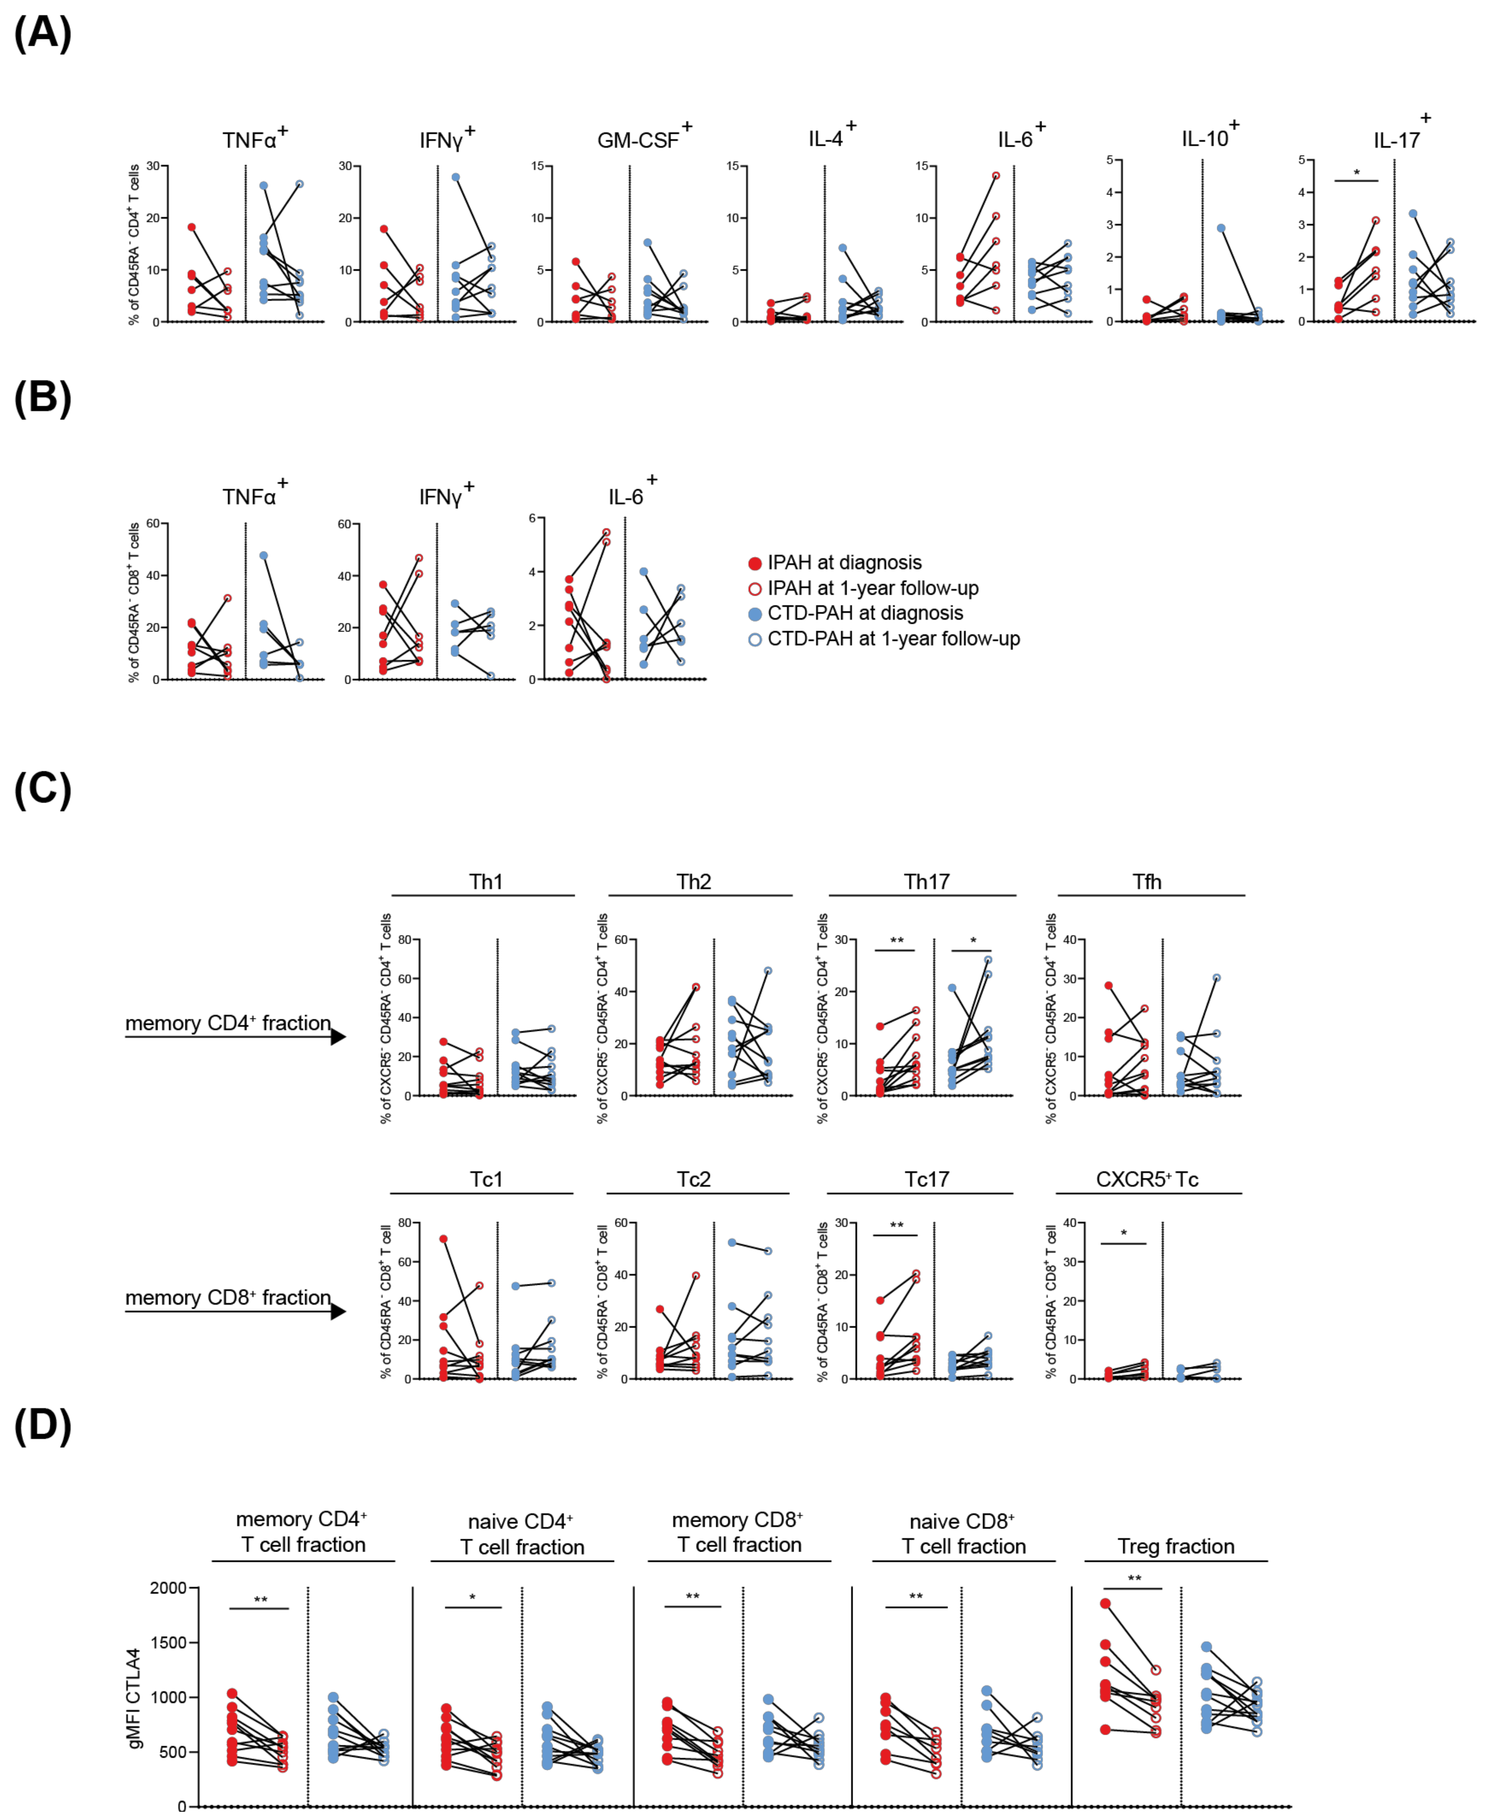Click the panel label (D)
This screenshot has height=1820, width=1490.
[43, 1426]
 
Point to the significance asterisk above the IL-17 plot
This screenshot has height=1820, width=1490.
[1356, 173]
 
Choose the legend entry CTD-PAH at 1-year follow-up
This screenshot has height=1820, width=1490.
[893, 639]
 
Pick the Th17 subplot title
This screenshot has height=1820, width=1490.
[926, 882]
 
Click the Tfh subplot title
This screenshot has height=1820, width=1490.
[1147, 882]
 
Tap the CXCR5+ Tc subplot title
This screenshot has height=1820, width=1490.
[1147, 1179]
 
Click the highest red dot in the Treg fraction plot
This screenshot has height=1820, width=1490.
[1105, 1604]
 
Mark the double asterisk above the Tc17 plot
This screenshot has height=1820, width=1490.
[896, 1225]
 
